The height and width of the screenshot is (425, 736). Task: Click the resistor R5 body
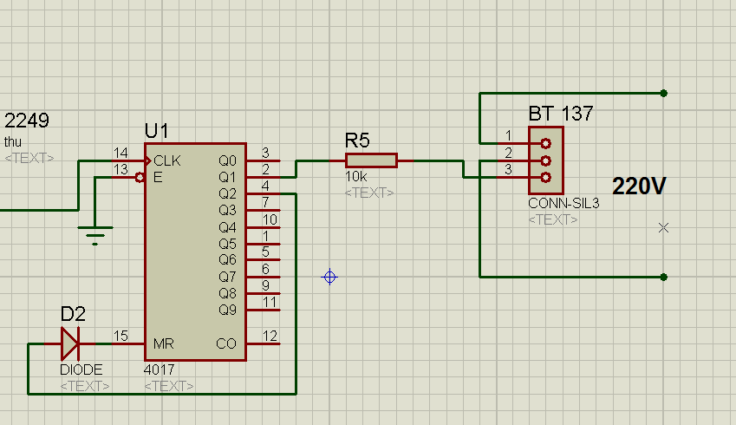[x=371, y=160]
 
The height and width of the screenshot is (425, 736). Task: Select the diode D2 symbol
[x=70, y=344]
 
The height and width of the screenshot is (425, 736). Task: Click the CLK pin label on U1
[x=167, y=161]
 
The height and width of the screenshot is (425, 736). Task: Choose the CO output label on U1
[x=225, y=343]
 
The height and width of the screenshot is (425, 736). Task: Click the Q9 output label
[x=227, y=310]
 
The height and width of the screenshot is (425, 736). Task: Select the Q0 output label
[x=227, y=161]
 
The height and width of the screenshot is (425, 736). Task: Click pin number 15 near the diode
[x=120, y=336]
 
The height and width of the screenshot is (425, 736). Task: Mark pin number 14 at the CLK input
[x=120, y=153]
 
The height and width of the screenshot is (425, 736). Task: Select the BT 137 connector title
[x=561, y=114]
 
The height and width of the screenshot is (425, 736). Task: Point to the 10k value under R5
[x=355, y=177]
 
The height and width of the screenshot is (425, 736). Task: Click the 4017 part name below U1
[x=159, y=369]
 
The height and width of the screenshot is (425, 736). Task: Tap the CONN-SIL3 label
[x=563, y=205]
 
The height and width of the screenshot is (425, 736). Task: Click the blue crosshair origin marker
[x=329, y=278]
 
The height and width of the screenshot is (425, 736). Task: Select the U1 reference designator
[x=156, y=131]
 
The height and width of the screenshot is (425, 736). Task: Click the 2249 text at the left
[x=27, y=120]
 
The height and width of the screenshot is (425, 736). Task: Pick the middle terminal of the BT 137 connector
[x=545, y=160]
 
